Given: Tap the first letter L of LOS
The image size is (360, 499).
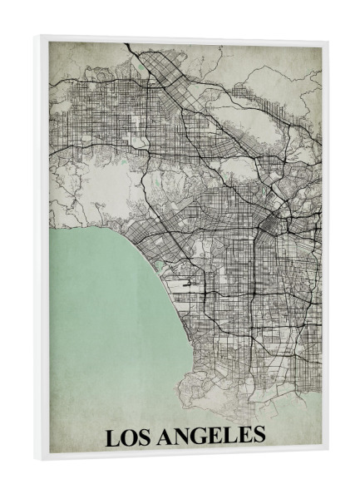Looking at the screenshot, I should (112, 437).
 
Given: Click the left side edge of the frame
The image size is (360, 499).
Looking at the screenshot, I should (44, 249).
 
